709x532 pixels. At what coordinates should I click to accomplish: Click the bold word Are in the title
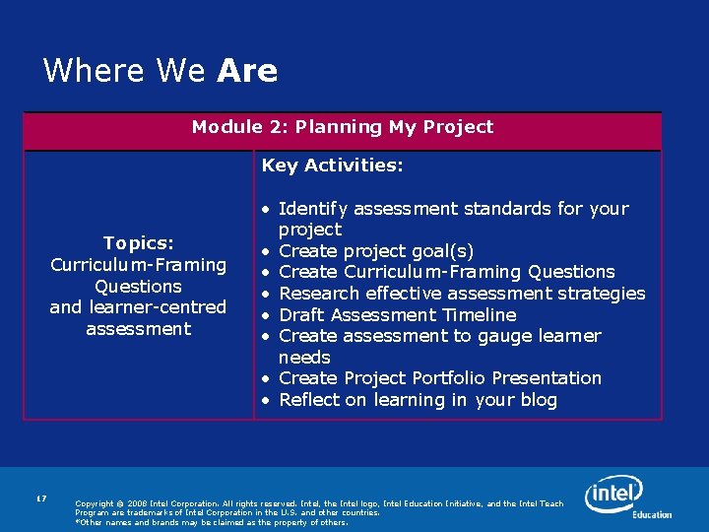247,71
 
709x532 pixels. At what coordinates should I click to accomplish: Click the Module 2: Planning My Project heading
342,127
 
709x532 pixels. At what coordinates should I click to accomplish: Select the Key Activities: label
332,166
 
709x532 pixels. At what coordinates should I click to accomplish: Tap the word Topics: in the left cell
138,243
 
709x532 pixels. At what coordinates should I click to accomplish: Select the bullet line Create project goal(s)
376,250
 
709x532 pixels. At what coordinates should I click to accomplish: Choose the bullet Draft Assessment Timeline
397,315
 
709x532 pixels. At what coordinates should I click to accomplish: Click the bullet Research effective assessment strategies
462,294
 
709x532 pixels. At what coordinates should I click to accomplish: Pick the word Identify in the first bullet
312,209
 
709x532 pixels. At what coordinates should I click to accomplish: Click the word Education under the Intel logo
652,514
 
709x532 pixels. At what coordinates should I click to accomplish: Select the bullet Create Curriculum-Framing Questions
446,272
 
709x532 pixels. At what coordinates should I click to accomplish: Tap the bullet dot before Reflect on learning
266,400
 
